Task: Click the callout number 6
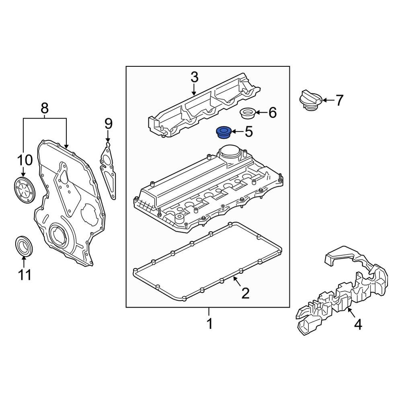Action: pos(273,113)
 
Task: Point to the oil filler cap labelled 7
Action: pos(310,101)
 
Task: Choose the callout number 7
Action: pos(340,100)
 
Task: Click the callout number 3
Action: pos(194,77)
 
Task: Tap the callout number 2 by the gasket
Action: pos(245,293)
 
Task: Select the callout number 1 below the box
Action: pos(209,323)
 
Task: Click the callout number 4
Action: pos(357,324)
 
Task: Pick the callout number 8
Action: pos(45,108)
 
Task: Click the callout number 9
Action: pos(108,124)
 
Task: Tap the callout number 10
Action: pos(24,161)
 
